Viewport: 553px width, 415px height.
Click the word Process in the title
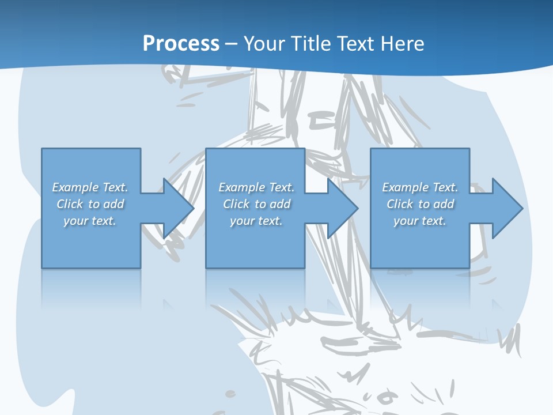(x=181, y=44)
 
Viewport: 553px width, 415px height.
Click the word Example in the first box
(x=75, y=187)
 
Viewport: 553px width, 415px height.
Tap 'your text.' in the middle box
(x=256, y=221)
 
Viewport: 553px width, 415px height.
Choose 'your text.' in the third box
(x=419, y=221)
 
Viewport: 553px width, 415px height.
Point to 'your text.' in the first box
(x=89, y=221)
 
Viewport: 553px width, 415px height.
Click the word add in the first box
(x=113, y=204)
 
